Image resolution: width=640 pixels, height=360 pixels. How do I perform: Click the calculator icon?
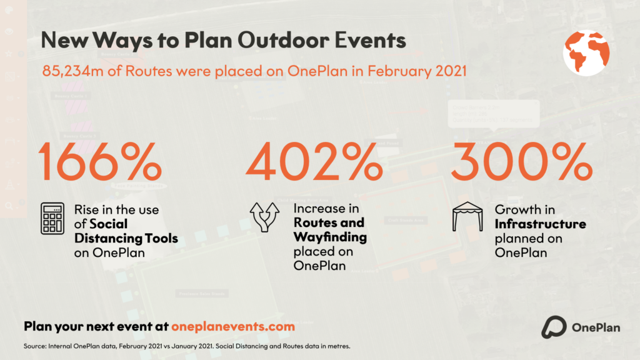point(52,219)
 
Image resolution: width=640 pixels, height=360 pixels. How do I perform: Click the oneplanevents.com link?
point(232,326)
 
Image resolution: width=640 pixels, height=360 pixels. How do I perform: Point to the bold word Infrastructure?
point(540,224)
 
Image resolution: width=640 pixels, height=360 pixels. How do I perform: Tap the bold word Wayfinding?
point(330,237)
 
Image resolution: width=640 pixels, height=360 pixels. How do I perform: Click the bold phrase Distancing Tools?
point(126,238)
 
